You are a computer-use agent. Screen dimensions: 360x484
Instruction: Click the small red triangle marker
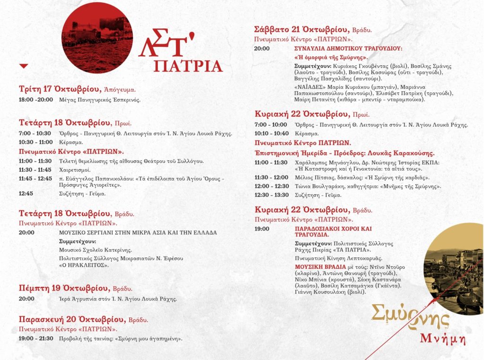[x=24, y=66]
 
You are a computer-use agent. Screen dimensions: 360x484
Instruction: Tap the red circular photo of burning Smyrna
[x=97, y=38]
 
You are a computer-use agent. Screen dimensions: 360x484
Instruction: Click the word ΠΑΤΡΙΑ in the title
[x=188, y=66]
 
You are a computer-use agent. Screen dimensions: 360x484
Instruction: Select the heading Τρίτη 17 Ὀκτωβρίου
[x=60, y=89]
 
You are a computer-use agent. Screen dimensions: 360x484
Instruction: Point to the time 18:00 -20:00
[x=36, y=100]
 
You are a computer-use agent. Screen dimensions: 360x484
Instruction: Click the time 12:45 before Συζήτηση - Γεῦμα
[x=26, y=193]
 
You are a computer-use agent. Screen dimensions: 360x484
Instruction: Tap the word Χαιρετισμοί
[x=75, y=170]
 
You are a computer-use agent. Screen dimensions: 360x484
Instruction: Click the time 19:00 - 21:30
[x=36, y=338]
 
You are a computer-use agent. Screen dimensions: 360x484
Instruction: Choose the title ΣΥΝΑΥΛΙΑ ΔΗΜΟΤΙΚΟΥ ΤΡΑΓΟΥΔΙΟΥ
[x=348, y=48]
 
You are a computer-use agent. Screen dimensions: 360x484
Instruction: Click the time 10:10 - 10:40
[x=271, y=134]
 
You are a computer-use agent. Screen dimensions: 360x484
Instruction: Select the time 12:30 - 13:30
[x=271, y=195]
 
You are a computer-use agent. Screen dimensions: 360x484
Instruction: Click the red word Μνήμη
[x=443, y=339]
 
